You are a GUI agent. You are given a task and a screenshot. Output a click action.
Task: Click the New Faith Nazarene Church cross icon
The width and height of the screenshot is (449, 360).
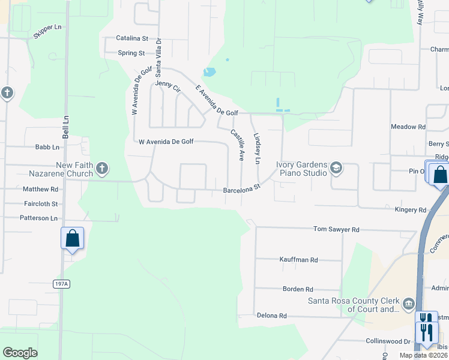tap(102, 168)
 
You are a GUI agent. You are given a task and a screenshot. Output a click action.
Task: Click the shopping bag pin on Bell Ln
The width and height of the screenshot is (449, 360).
tap(72, 238)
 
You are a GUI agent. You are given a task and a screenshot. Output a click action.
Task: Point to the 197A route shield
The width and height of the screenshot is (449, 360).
tap(61, 284)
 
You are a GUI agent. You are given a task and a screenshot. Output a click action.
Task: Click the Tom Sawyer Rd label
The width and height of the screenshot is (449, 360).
tap(336, 229)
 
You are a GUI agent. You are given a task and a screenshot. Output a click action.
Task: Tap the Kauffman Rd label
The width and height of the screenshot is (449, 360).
tap(298, 260)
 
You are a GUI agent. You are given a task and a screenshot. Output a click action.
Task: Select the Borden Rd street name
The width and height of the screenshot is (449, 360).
tap(298, 289)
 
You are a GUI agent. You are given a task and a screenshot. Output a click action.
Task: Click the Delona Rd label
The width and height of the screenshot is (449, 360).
tap(272, 316)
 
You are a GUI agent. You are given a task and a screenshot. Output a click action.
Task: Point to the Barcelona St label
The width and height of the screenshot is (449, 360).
tap(241, 189)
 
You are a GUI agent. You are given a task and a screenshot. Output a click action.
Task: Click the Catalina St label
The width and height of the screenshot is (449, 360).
tap(131, 38)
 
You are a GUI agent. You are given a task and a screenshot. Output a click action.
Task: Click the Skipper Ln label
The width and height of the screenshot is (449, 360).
tap(47, 31)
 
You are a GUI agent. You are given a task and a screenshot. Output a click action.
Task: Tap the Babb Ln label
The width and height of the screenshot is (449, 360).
tap(47, 147)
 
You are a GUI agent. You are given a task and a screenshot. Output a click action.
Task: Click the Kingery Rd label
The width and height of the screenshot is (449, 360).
tap(410, 210)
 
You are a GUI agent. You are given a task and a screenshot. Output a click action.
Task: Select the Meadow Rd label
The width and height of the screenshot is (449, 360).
tap(408, 127)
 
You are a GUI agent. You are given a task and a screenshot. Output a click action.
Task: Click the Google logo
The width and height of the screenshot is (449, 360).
tap(20, 353)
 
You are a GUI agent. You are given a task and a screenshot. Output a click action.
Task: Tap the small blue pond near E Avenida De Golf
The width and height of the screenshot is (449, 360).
tap(209, 73)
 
